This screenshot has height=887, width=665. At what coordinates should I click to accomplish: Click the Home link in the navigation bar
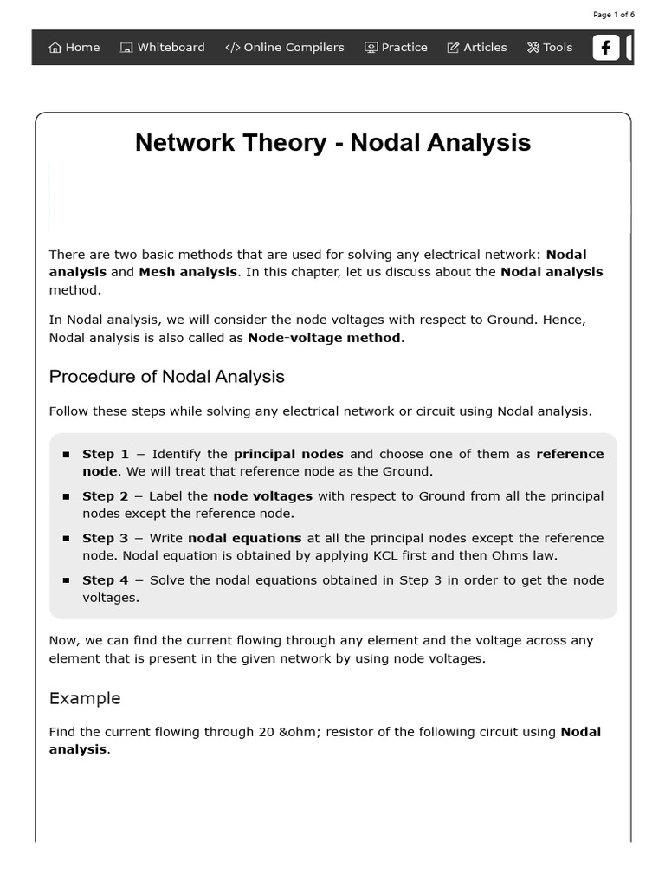pyautogui.click(x=74, y=48)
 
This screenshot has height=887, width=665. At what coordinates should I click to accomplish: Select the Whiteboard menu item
pyautogui.click(x=163, y=48)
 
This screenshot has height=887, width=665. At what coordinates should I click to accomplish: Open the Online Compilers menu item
pyautogui.click(x=285, y=48)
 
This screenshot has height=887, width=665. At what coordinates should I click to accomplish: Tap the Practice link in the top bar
pyautogui.click(x=396, y=48)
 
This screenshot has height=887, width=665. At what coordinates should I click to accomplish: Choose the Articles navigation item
pyautogui.click(x=477, y=48)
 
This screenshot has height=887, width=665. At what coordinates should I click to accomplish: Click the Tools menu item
pyautogui.click(x=550, y=48)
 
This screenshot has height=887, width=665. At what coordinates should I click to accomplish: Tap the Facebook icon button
pyautogui.click(x=606, y=48)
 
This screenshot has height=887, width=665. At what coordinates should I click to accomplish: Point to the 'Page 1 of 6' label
pyautogui.click(x=614, y=15)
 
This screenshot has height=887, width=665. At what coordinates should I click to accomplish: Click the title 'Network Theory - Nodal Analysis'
pyautogui.click(x=332, y=143)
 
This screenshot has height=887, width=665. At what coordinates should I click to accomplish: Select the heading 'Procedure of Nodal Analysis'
pyautogui.click(x=166, y=377)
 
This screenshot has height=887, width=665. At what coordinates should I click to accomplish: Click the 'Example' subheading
pyautogui.click(x=85, y=698)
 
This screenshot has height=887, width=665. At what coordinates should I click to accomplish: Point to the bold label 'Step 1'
pyautogui.click(x=105, y=454)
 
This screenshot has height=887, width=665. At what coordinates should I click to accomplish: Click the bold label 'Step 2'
pyautogui.click(x=105, y=496)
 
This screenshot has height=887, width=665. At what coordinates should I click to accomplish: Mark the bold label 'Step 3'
pyautogui.click(x=105, y=538)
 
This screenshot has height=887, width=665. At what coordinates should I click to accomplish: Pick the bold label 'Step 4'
pyautogui.click(x=105, y=580)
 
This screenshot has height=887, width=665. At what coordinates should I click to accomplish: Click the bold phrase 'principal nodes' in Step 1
pyautogui.click(x=288, y=454)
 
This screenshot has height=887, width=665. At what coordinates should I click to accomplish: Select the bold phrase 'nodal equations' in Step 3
pyautogui.click(x=244, y=538)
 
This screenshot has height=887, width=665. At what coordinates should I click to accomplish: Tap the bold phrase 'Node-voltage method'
pyautogui.click(x=324, y=338)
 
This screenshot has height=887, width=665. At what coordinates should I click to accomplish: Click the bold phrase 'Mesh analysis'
pyautogui.click(x=188, y=272)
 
